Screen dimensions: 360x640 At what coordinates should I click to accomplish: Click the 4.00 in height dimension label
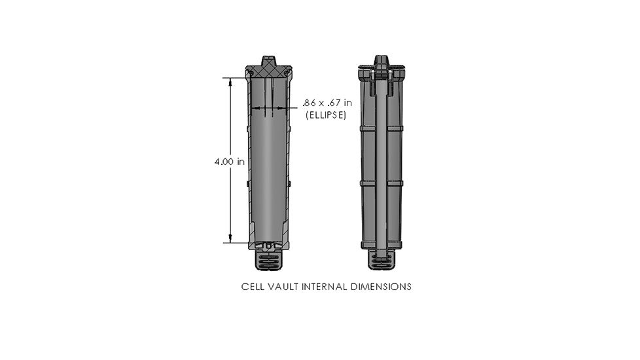[x=229, y=162]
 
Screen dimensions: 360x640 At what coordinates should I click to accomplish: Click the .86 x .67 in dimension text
[x=327, y=103]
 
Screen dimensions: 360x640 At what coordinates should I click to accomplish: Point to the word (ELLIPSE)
[x=326, y=115]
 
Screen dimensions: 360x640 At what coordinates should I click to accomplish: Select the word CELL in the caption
[x=252, y=287]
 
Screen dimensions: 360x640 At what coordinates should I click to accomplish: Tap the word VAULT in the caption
[x=282, y=287]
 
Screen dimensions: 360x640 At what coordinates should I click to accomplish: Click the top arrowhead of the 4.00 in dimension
[x=230, y=81]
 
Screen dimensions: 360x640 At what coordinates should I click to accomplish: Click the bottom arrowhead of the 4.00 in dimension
[x=230, y=239]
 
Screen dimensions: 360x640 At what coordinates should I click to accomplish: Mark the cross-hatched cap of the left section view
[x=269, y=68]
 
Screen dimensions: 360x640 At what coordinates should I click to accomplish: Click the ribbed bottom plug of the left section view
[x=269, y=261]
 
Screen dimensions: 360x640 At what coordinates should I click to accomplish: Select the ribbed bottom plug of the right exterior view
[x=383, y=261]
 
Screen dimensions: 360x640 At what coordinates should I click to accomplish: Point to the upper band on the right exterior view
[x=383, y=128]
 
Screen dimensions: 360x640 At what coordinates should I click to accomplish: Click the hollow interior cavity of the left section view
[x=269, y=170]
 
